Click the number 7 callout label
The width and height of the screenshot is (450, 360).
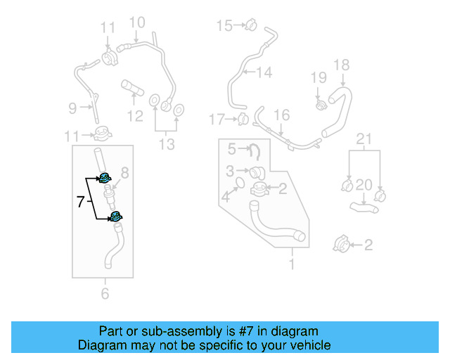click(x=81, y=202)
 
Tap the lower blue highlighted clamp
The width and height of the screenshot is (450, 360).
click(x=115, y=217)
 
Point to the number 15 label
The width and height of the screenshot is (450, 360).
click(x=224, y=26)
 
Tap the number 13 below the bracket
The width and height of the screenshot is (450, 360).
click(x=166, y=145)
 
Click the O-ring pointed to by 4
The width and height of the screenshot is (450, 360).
click(x=238, y=184)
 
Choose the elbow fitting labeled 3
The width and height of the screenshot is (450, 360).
click(x=257, y=172)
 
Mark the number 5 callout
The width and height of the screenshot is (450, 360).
click(x=231, y=148)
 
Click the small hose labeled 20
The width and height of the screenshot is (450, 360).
click(x=364, y=207)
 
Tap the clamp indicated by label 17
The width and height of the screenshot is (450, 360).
click(x=243, y=118)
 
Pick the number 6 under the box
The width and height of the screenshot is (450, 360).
click(x=105, y=293)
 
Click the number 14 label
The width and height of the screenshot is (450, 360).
click(x=263, y=72)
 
